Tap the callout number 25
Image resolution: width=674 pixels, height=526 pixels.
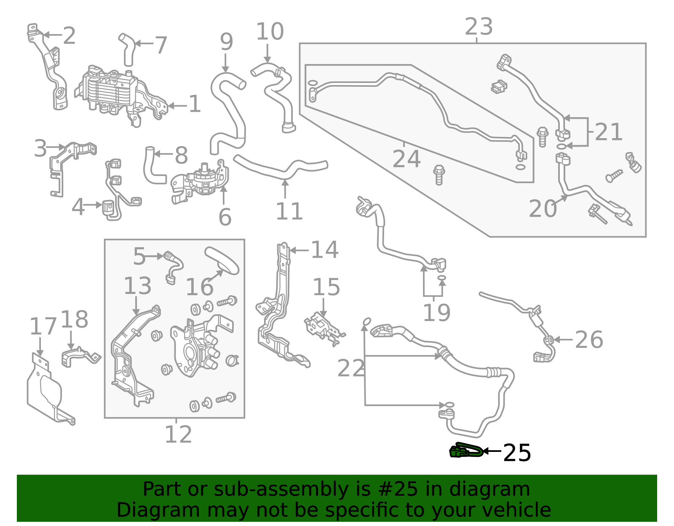point(517,453)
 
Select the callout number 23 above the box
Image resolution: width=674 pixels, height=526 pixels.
point(479,27)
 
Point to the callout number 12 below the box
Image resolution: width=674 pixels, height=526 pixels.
point(178,435)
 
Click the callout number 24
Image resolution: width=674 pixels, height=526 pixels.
point(406,159)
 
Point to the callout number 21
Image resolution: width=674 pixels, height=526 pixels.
point(608,132)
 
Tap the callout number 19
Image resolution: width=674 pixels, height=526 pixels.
point(436,312)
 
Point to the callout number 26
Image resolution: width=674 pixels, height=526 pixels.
point(588,339)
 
